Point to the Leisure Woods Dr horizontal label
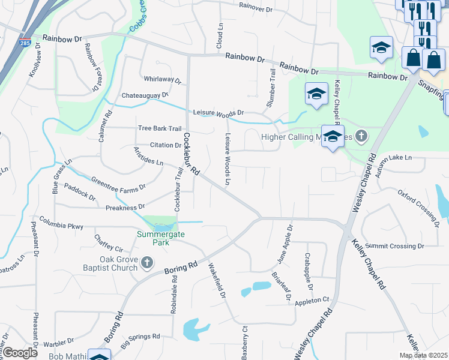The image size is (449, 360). point(218,112)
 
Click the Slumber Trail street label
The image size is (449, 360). point(271,88)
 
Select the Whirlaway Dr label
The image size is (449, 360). point(163,79)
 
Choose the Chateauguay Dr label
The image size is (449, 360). point(145,95)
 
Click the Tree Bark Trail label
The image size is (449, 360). point(160,128)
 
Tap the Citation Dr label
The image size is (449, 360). point(165,145)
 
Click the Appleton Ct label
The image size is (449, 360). point(312,300)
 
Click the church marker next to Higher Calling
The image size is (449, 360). point(361,136)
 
